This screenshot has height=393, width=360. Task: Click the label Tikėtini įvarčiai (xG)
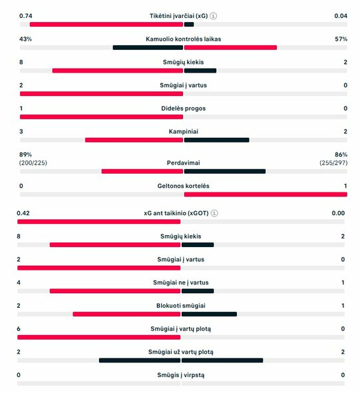tap(179, 15)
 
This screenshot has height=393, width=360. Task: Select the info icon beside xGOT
tap(214, 213)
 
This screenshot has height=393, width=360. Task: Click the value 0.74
tap(26, 15)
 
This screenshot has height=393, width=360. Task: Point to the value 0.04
tap(340, 15)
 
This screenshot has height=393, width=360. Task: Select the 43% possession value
tap(26, 39)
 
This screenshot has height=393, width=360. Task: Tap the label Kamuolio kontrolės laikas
tap(183, 39)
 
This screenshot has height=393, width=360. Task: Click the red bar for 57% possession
tap(230, 47)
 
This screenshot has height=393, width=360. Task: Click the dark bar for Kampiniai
tap(216, 140)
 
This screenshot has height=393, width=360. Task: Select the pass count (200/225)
tap(33, 163)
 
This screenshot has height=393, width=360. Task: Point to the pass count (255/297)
tap(333, 163)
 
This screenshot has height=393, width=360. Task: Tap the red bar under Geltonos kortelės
tap(265, 195)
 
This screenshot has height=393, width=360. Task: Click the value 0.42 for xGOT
tap(26, 213)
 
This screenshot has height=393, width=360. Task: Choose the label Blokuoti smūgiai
tap(181, 305)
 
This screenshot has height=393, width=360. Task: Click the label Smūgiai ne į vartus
tap(181, 282)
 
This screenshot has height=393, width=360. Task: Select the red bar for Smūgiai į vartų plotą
tap(100, 337)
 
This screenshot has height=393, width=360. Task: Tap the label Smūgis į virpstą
tap(181, 374)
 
